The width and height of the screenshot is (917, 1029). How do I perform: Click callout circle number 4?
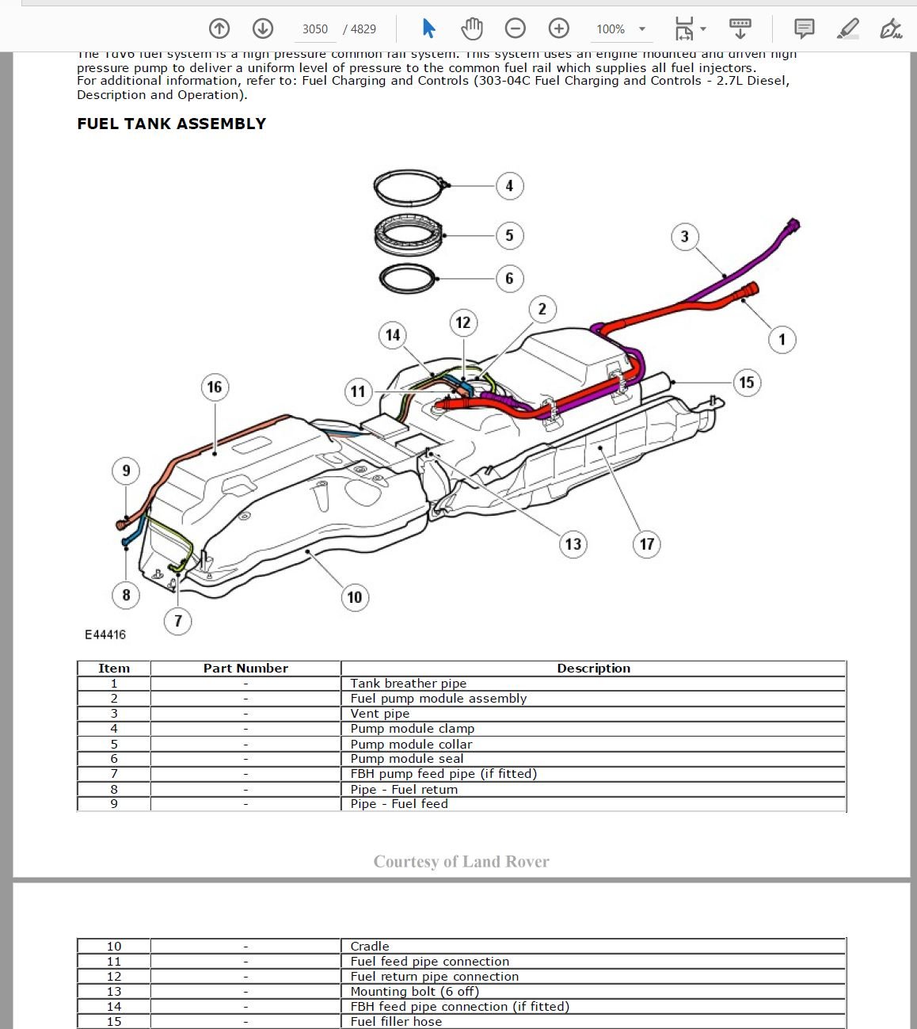[x=509, y=186]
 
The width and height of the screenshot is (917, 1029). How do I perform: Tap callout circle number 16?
[x=214, y=387]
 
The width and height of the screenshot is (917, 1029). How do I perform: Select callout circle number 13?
[x=573, y=544]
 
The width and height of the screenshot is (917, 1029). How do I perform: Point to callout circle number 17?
[x=647, y=544]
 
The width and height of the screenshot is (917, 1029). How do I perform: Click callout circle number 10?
[x=354, y=597]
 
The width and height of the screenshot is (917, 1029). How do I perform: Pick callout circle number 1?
[x=782, y=340]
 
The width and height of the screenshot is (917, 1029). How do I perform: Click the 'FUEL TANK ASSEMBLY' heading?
[x=171, y=124]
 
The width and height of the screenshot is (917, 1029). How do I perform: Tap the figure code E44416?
[x=105, y=635]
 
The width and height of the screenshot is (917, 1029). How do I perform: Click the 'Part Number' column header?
[x=245, y=669]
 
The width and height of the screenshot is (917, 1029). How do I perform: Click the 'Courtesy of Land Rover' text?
[x=461, y=862]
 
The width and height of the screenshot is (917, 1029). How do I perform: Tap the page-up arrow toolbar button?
[x=219, y=29]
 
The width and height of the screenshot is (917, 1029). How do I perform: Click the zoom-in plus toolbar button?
[x=559, y=29]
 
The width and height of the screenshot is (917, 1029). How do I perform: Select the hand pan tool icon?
[x=472, y=29]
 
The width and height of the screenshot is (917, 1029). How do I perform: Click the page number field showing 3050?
[x=314, y=29]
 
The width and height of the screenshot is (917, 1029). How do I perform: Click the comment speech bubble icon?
[x=804, y=29]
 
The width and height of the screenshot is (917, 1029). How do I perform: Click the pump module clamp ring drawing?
[x=409, y=189]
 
